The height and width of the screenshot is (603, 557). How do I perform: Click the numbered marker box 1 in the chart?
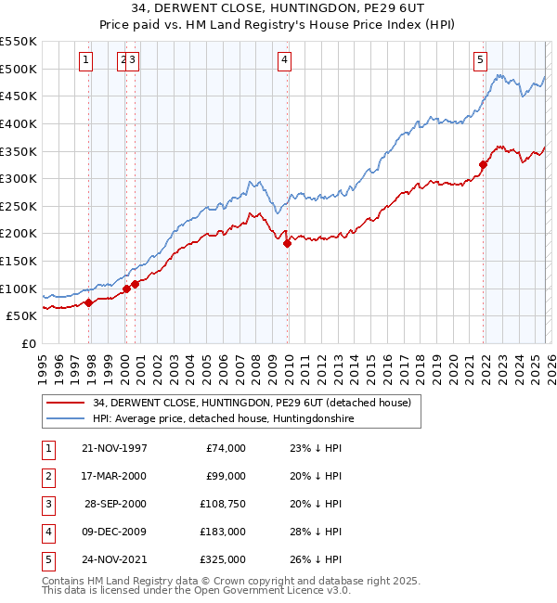tap(85, 61)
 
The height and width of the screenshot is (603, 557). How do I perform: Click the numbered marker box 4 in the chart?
tap(284, 61)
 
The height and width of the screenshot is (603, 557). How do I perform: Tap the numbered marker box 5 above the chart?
tap(480, 61)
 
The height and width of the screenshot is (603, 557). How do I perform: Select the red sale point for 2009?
tap(287, 243)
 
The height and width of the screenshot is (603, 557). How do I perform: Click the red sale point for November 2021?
tap(484, 165)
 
